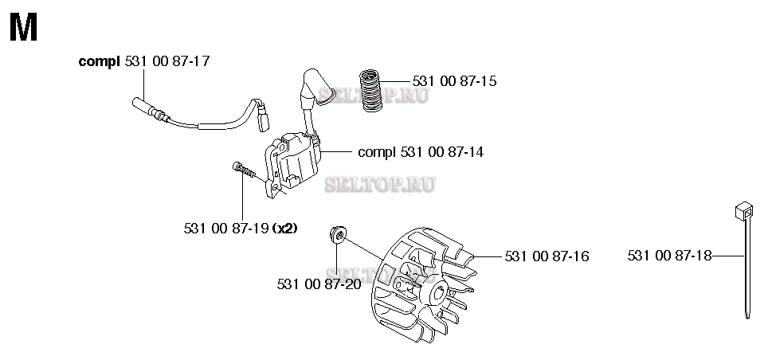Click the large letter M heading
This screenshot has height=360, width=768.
click(23, 29)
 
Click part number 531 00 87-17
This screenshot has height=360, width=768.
click(168, 61)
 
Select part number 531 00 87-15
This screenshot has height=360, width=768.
click(455, 81)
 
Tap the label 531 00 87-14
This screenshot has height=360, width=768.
click(443, 151)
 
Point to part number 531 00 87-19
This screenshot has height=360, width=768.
click(225, 228)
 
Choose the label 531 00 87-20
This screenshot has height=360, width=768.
click(319, 283)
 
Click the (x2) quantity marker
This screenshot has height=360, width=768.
click(285, 228)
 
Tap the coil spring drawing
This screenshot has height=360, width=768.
click(370, 90)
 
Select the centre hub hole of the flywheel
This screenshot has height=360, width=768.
click(439, 299)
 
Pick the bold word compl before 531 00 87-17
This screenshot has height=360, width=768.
click(100, 61)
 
